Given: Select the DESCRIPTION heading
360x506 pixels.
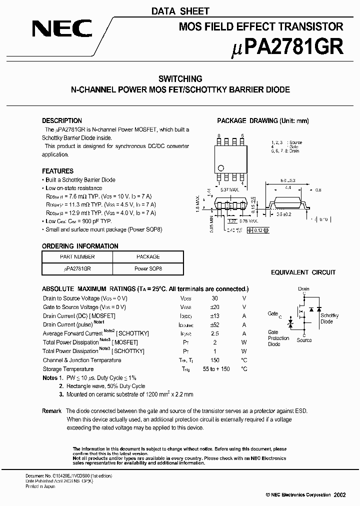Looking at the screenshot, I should coord(62,120).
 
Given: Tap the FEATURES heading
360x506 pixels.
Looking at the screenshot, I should coord(57,171).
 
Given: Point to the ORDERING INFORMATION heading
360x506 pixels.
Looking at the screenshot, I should coord(80,246).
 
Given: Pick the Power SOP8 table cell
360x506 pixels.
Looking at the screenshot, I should coord(148,268).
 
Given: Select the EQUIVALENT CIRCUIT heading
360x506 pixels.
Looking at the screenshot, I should coord(303,272).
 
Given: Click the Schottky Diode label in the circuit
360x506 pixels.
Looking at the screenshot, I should coord(329,318).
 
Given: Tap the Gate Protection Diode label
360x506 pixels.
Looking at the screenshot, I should coord(278,338).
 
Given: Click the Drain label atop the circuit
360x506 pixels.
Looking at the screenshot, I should coord(303,289).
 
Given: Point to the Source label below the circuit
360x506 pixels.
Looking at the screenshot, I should coord(304,340).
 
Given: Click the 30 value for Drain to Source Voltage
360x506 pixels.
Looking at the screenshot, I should coord(214,298).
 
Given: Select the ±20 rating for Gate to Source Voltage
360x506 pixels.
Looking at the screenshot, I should coord(214,307).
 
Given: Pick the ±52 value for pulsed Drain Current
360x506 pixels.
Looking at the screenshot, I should coord(214,324).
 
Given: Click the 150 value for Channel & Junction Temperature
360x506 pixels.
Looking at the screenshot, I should coord(214,360).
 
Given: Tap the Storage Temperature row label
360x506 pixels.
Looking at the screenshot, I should coord(68,369).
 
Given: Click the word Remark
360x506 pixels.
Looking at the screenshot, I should coord(52,410).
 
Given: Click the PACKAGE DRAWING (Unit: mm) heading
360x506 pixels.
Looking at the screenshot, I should coord(262,120).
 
